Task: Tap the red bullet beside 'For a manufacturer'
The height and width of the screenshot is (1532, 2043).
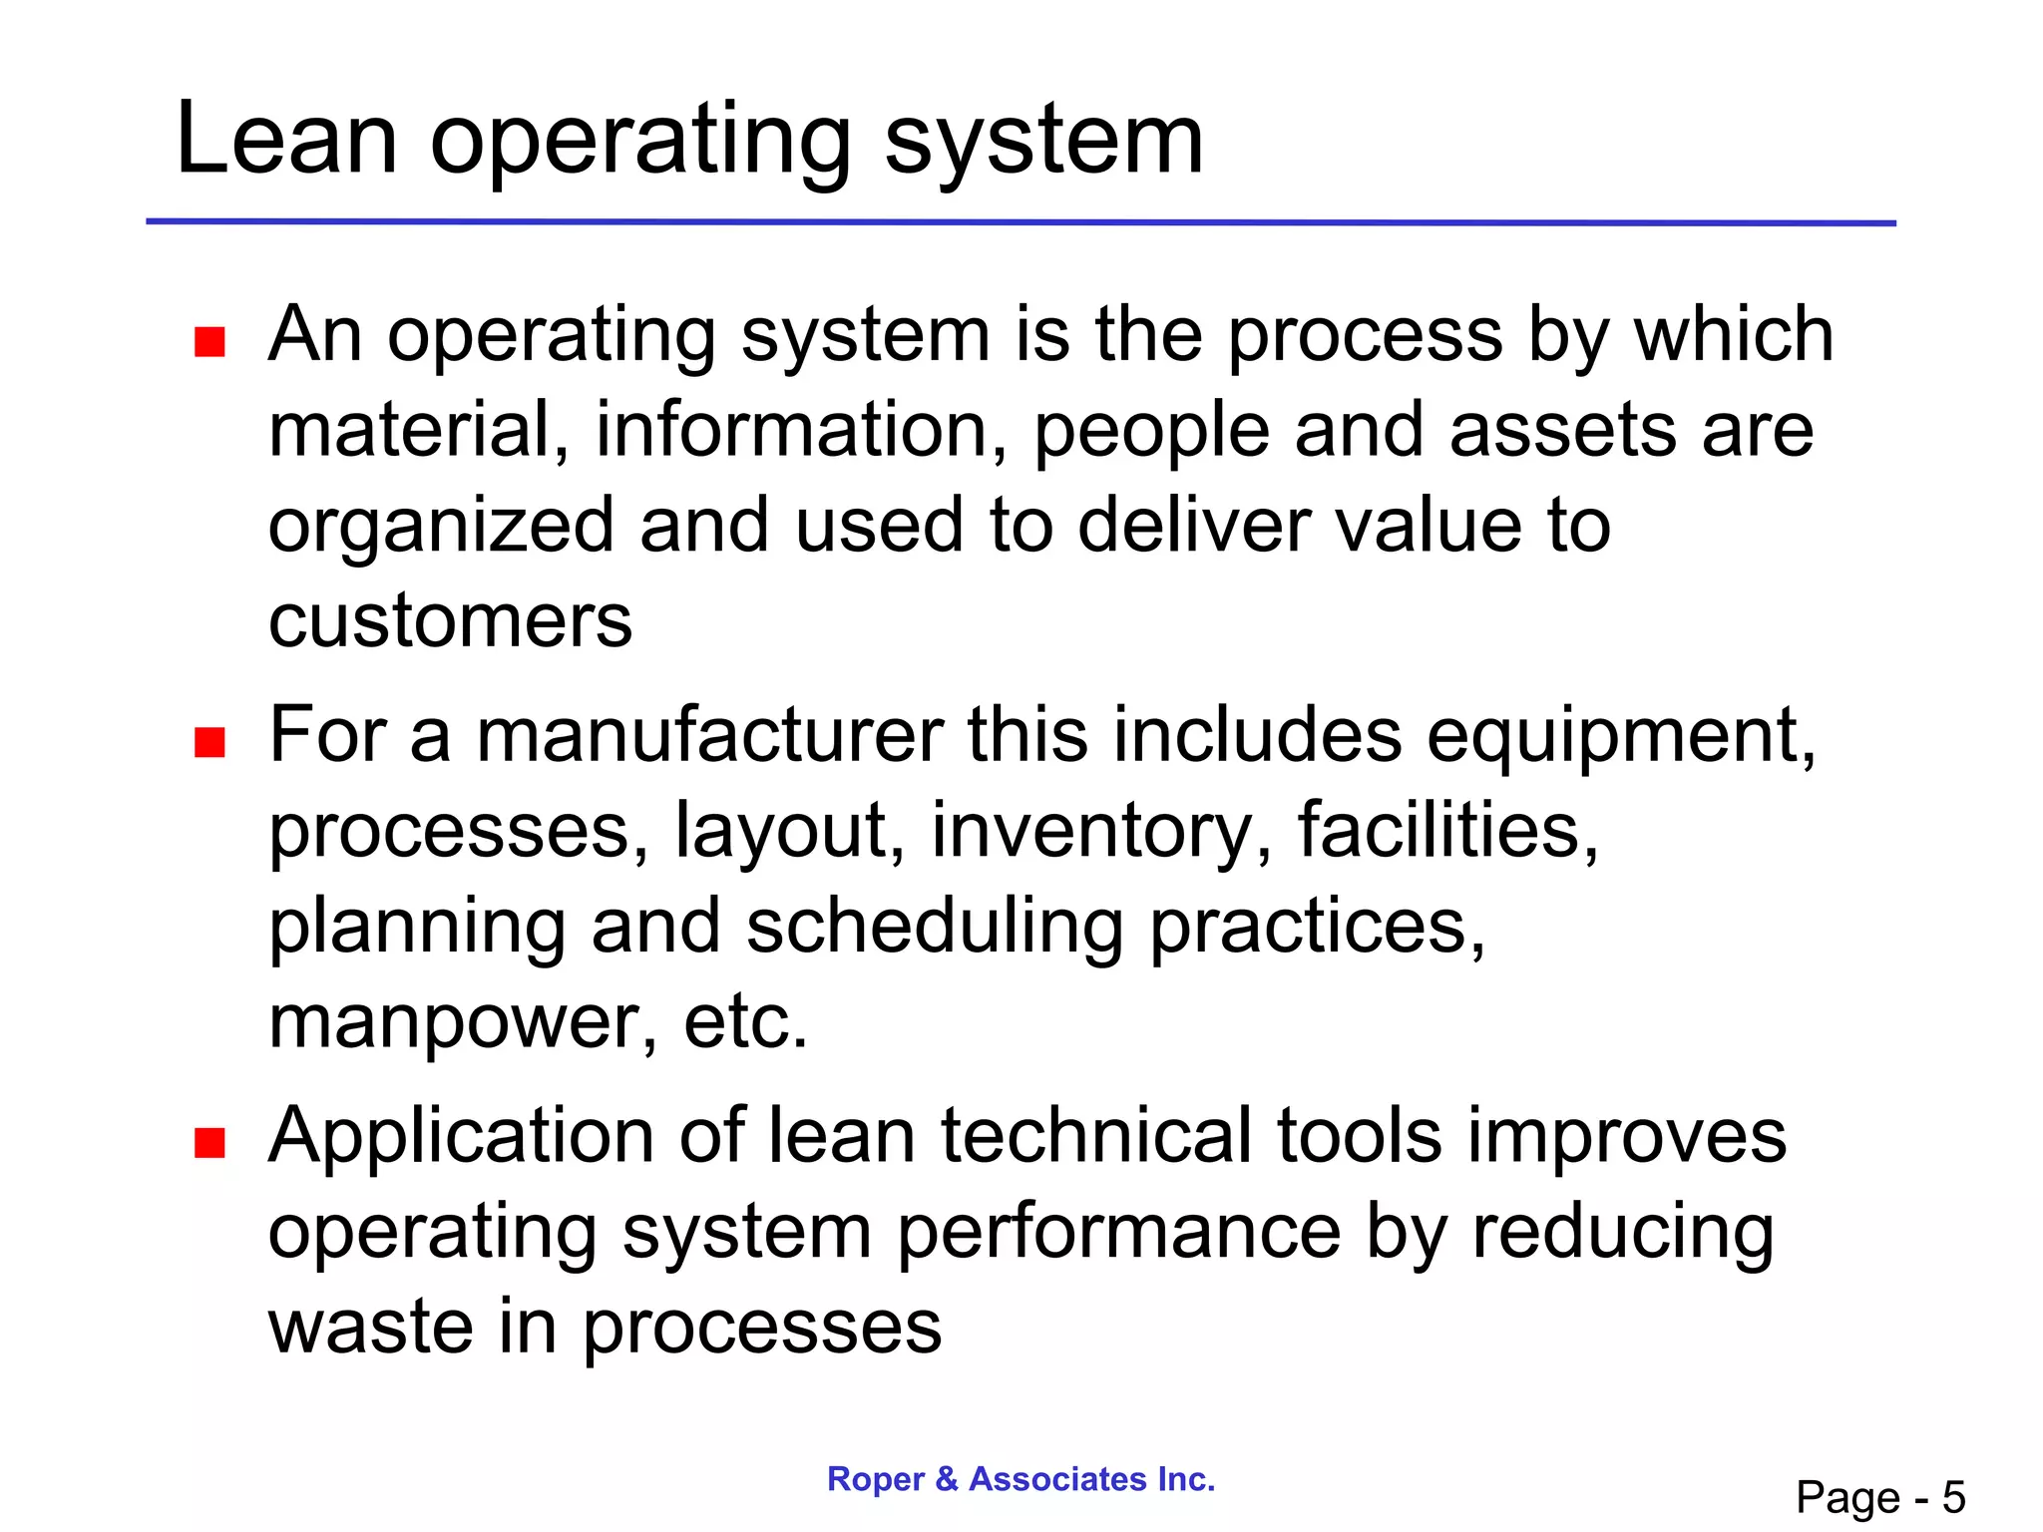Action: point(209,743)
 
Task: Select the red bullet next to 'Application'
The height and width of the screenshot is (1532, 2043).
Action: point(209,1143)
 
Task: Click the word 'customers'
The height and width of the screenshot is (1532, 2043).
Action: point(450,621)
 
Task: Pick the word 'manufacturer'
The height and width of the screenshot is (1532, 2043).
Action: point(709,735)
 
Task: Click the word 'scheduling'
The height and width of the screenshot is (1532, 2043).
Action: point(935,928)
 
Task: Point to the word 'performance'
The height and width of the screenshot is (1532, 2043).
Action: point(1118,1233)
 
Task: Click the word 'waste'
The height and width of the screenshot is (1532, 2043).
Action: point(370,1328)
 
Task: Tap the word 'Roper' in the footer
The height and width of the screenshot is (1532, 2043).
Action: point(877,1479)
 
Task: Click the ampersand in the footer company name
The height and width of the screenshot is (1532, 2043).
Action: point(947,1479)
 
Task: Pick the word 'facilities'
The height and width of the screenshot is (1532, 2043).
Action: point(1447,831)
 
